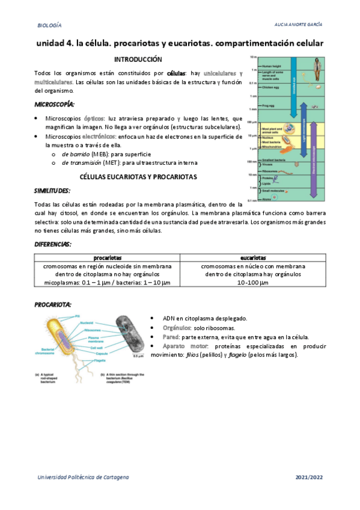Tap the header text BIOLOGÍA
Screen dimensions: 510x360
[x=49, y=26]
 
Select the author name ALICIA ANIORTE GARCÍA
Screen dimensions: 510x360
[x=297, y=26]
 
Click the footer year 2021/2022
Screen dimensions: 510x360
[x=309, y=476]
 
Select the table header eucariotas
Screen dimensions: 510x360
[x=252, y=257]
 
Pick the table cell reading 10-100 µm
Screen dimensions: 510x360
[x=252, y=283]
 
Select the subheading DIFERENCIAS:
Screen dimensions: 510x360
[x=53, y=244]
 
